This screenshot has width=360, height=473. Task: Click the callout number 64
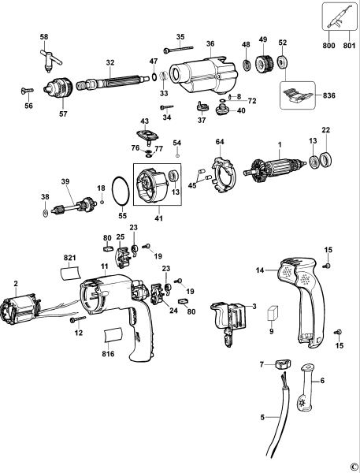point(221,142)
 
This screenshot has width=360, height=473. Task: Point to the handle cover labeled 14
point(302,296)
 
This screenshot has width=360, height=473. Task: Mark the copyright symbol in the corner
point(353,465)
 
